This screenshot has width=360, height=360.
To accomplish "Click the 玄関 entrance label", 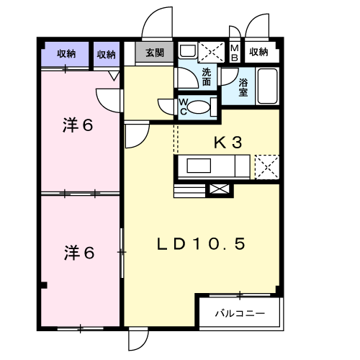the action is [x=155, y=53].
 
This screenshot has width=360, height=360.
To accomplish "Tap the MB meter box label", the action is [x=235, y=53].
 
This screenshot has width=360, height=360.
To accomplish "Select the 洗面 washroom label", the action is [x=207, y=77].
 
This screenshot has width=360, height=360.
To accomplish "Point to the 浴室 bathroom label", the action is [x=243, y=87].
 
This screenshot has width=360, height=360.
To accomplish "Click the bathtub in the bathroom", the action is [x=267, y=86].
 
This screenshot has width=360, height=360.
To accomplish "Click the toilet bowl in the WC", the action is [x=198, y=107].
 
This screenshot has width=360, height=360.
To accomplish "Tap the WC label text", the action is [x=184, y=107].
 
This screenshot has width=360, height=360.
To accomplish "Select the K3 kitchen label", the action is [x=228, y=142].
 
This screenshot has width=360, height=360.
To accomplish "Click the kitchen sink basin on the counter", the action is [x=199, y=166].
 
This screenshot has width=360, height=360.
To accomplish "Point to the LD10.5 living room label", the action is [x=201, y=243].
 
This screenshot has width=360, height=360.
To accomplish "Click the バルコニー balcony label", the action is [x=240, y=313].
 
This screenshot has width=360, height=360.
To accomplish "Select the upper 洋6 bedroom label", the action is [x=78, y=125].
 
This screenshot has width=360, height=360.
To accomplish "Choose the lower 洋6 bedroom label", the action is [x=79, y=253].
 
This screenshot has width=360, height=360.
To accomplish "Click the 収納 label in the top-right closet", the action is [x=258, y=52].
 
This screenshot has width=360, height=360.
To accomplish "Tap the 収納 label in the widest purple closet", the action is [x=66, y=53].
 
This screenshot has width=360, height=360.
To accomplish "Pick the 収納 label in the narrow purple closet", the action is [x=106, y=55].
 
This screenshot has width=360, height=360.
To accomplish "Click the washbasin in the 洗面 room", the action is [x=188, y=51].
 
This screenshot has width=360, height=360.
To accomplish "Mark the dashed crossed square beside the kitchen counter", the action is [x=267, y=167].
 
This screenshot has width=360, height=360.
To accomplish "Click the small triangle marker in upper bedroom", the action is [x=114, y=76].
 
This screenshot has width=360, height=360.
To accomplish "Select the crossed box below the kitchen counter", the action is [x=220, y=189].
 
